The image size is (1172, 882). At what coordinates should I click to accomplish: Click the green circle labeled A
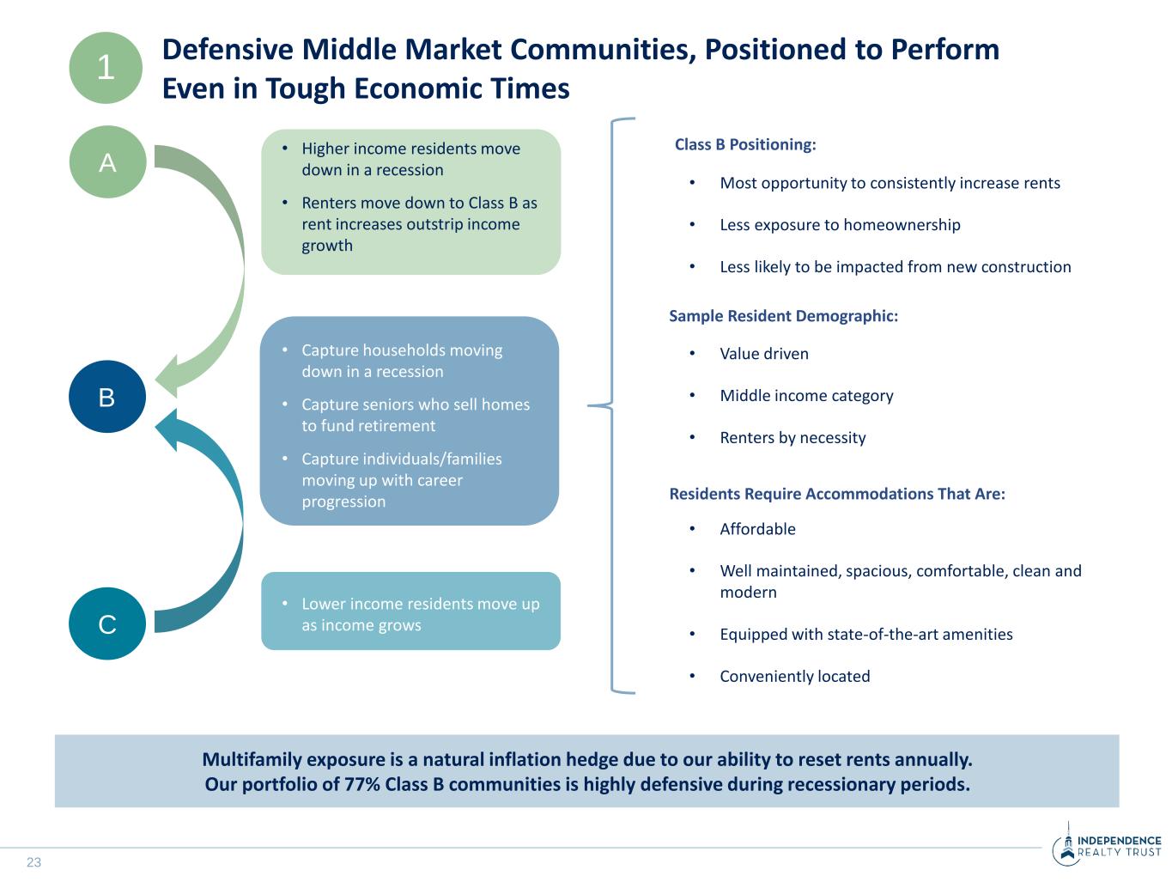(106, 162)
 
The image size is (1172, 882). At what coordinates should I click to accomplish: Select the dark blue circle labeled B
(106, 397)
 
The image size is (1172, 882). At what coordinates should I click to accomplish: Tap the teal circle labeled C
(106, 623)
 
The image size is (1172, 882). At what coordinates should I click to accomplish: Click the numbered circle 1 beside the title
(106, 68)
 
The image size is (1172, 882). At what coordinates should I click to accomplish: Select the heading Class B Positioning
(744, 144)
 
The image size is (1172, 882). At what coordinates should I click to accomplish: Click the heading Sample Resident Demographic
(783, 316)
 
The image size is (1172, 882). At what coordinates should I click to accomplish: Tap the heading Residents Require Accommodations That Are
(836, 494)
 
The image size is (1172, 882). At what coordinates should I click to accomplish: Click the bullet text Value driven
(763, 354)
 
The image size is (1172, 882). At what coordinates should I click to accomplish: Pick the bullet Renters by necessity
(792, 438)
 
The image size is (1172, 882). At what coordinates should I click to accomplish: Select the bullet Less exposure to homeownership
(840, 225)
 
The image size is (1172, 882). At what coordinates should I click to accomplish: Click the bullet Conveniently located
(794, 677)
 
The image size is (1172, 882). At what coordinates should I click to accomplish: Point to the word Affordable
(757, 529)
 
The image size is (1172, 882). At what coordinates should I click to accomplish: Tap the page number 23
(33, 862)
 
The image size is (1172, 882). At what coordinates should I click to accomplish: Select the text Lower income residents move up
(420, 604)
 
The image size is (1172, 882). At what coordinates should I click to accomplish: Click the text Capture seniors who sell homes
(415, 405)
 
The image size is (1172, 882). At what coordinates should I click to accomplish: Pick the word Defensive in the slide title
(227, 50)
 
